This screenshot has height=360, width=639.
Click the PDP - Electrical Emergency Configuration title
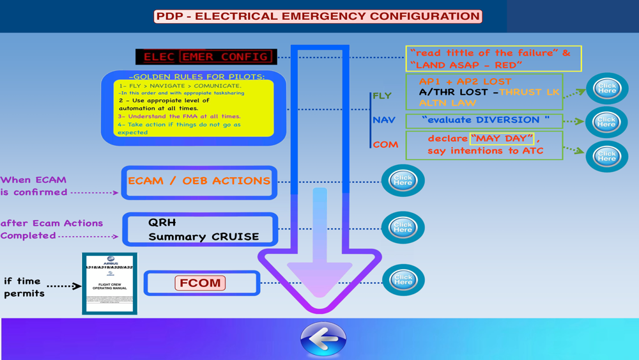[318, 17]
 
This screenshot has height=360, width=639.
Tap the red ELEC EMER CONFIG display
[206, 57]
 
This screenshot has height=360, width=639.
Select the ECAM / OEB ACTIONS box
[199, 182]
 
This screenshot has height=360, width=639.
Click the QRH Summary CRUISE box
[201, 230]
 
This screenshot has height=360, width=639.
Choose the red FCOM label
[200, 283]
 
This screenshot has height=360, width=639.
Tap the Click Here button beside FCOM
[403, 280]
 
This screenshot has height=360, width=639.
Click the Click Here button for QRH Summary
[403, 227]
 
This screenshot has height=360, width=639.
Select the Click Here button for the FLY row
[607, 88]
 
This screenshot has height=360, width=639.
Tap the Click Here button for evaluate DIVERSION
[607, 121]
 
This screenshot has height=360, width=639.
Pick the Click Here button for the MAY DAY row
[607, 156]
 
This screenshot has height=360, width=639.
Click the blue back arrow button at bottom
[323, 338]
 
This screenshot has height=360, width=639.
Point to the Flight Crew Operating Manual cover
[110, 283]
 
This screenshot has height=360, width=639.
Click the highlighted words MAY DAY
[502, 139]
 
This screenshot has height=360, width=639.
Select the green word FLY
[382, 96]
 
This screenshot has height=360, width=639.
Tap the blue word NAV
[384, 120]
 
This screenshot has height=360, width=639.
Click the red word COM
[385, 145]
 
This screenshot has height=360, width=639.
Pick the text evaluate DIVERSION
[486, 120]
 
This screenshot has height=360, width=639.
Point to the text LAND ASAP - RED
[466, 65]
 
